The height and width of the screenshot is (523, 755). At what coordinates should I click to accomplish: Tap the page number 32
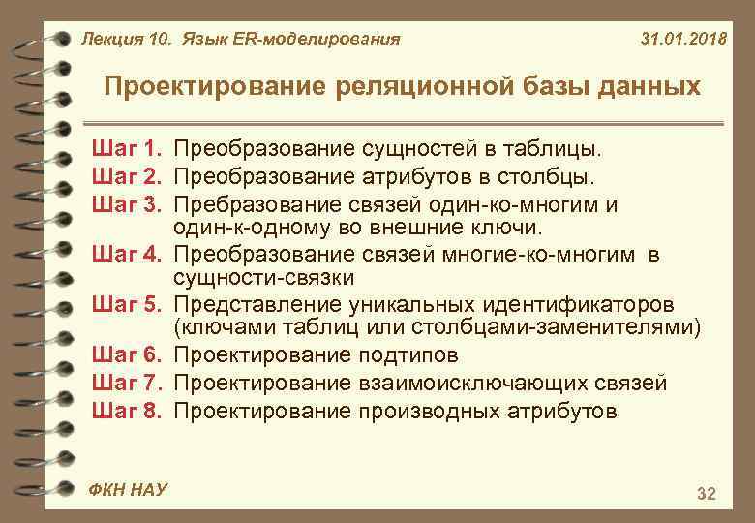(x=707, y=495)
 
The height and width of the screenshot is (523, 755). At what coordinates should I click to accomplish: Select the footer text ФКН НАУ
(x=127, y=489)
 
